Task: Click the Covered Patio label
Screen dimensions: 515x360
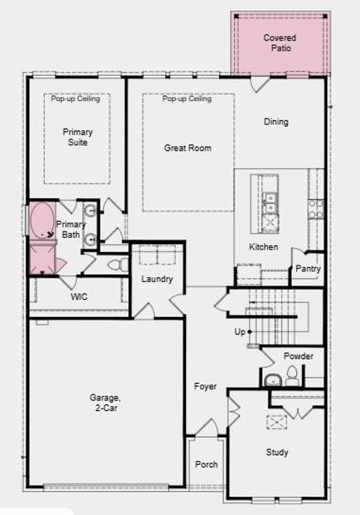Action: pos(280,43)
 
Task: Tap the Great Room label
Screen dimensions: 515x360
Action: pos(187,148)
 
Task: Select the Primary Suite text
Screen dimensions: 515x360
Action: pos(77,137)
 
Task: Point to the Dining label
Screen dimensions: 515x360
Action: pos(276,122)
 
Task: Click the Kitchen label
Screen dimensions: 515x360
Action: pos(263,247)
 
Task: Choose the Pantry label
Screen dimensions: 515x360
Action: pos(308,269)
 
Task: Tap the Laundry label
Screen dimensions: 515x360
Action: pos(157,280)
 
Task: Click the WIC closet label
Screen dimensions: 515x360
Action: pos(79,297)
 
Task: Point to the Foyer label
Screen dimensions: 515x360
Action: pos(205,387)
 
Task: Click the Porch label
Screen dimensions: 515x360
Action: pos(206,465)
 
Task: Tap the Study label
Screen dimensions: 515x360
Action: pos(277,453)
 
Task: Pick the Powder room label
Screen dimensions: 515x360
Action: pos(298,356)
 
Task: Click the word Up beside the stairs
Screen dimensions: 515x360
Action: pos(240,331)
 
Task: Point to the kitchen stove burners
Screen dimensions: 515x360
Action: pos(316,208)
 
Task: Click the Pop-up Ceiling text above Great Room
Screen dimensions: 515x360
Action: pos(187,99)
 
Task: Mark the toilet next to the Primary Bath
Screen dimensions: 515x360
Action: pos(116,265)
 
